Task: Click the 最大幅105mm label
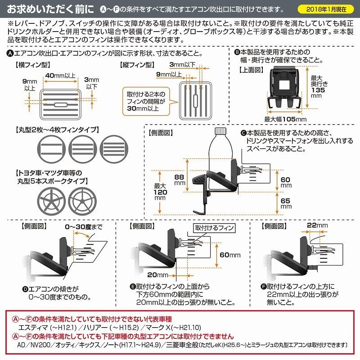tap(285, 119)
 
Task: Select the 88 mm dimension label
tap(180, 180)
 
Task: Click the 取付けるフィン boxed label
tap(213, 228)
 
